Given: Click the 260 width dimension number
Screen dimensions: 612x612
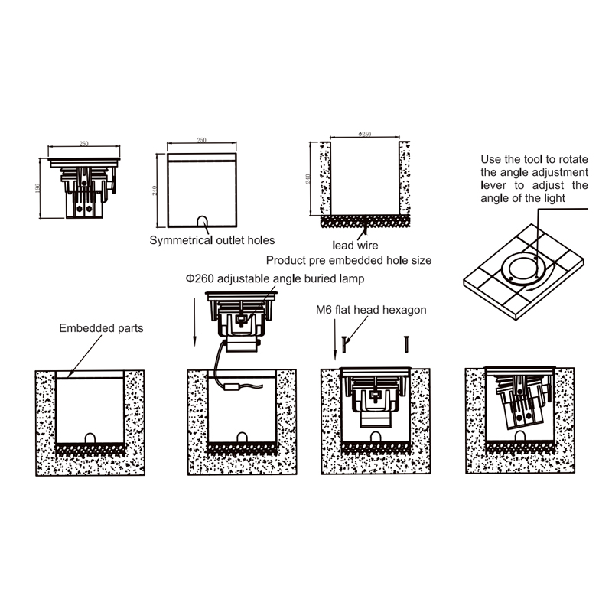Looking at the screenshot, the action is [84, 143].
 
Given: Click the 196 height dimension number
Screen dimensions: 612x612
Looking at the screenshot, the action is [37, 188].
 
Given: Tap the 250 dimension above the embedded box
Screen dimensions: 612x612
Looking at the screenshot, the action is [201, 140].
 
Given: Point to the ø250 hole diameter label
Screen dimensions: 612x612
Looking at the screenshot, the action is [365, 134].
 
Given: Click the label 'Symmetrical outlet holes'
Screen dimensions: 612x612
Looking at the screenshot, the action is [212, 240].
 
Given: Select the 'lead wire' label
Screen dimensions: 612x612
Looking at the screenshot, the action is [355, 245].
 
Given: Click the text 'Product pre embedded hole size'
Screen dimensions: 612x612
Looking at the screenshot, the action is [349, 260].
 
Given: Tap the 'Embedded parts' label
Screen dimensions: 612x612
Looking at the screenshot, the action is [101, 328].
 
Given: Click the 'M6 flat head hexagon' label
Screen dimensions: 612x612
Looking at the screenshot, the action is [371, 310].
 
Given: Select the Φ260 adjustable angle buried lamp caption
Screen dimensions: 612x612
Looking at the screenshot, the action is [275, 278].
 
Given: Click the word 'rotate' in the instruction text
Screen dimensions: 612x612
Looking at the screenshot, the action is [573, 159].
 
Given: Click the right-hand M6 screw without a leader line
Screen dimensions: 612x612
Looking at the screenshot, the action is [406, 345].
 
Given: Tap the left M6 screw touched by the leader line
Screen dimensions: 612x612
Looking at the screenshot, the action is [344, 345].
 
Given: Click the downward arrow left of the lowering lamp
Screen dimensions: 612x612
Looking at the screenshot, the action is [195, 322].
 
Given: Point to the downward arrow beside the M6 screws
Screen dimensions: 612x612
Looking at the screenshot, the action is [335, 340].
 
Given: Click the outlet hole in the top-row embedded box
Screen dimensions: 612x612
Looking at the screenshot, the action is [202, 221].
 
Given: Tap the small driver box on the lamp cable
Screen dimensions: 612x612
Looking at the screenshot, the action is [232, 387].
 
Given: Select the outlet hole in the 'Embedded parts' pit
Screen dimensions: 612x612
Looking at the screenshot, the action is [90, 438].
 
